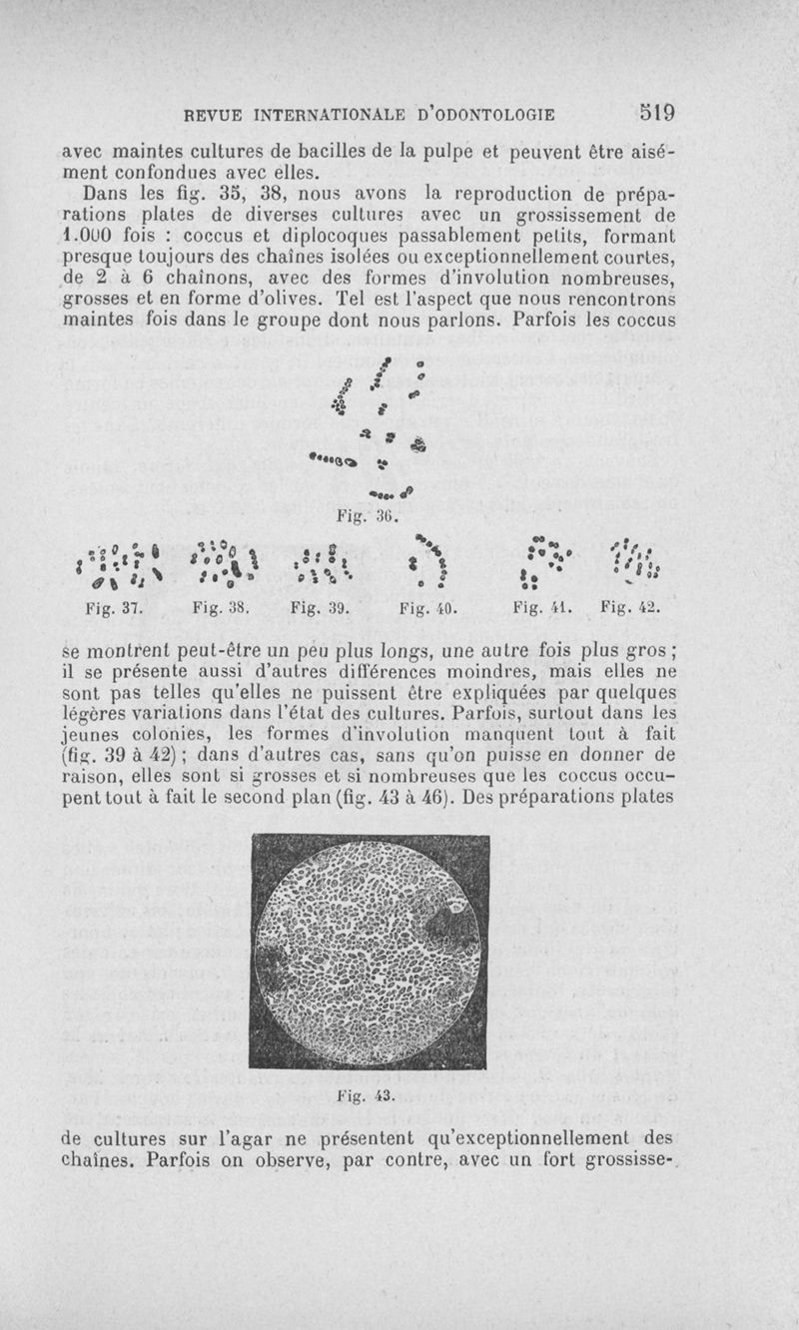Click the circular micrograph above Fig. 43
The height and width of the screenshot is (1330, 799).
pos(369,950)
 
